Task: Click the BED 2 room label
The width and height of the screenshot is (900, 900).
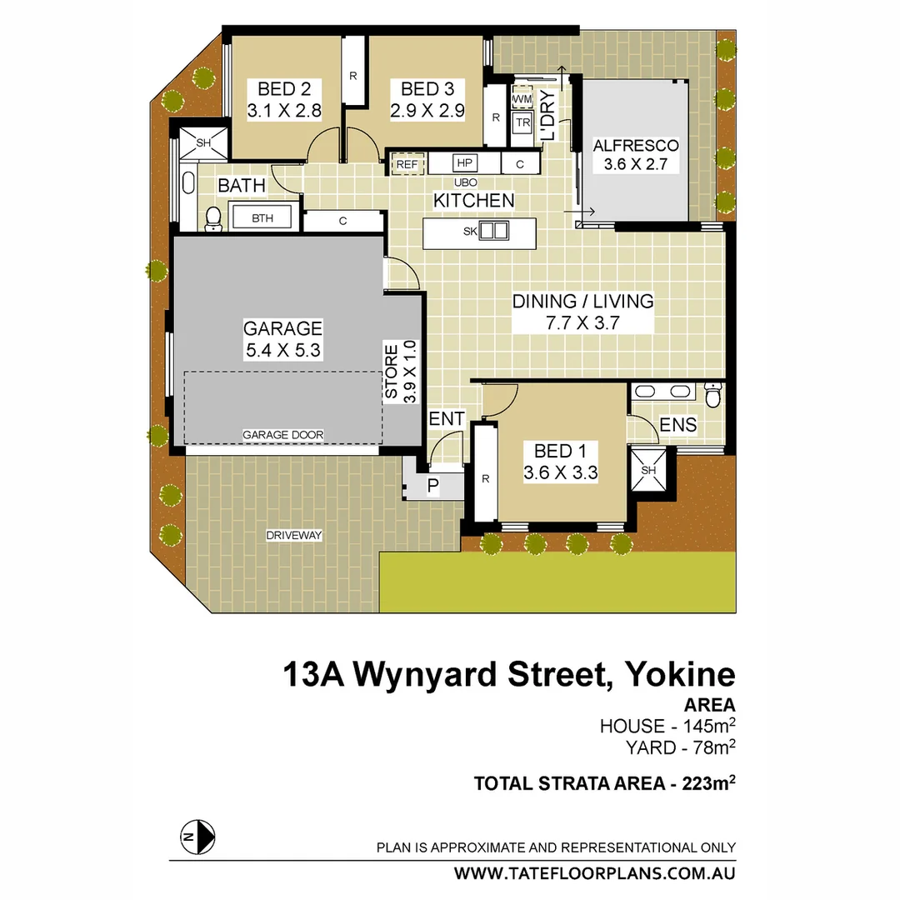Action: [x=283, y=88]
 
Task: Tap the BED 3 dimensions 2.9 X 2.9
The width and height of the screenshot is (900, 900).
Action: [x=427, y=110]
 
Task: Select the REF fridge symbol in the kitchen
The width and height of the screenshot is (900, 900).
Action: [x=407, y=164]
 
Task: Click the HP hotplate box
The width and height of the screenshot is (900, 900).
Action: [x=464, y=163]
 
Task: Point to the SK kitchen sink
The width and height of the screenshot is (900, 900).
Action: [x=492, y=231]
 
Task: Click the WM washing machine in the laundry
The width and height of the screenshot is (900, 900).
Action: [x=522, y=100]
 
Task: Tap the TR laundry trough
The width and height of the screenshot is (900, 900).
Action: [x=522, y=122]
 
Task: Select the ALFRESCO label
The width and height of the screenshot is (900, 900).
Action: [x=636, y=145]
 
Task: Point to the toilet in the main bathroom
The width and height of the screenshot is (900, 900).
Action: [x=213, y=217]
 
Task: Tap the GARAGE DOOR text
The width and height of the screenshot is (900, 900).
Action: [x=282, y=434]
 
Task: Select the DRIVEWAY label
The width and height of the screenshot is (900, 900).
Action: [x=294, y=534]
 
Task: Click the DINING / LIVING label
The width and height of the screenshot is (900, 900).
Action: [x=582, y=301]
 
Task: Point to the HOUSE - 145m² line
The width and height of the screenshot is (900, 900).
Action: [x=667, y=725]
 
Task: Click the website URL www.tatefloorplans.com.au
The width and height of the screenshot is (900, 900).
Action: [x=594, y=873]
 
